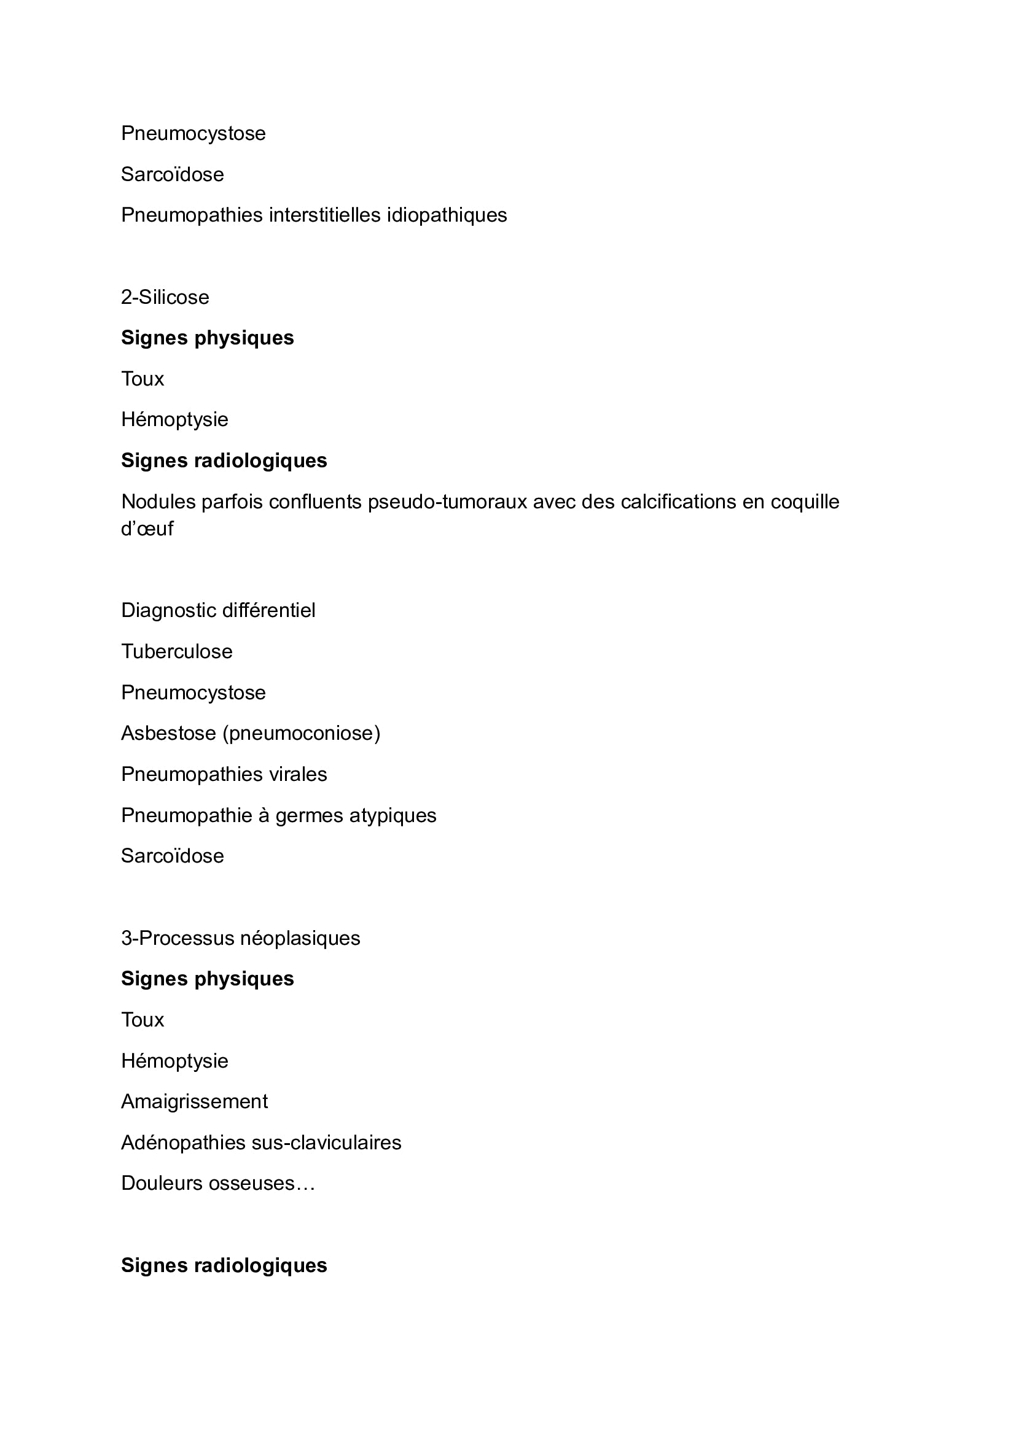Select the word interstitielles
click(x=326, y=215)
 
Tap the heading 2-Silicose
click(x=165, y=297)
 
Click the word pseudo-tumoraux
click(x=447, y=502)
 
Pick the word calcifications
click(x=678, y=502)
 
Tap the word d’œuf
click(x=147, y=529)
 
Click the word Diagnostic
click(x=165, y=610)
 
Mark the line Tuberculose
click(x=176, y=652)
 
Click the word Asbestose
click(x=168, y=733)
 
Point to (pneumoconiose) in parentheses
click(x=302, y=733)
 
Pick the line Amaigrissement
click(x=194, y=1101)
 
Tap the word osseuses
click(x=251, y=1183)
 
